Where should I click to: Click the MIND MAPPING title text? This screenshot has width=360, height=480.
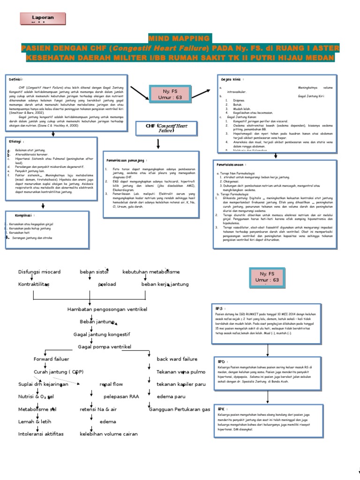(180, 38)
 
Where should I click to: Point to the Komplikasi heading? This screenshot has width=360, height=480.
(23, 215)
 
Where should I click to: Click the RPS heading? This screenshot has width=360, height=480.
(219, 308)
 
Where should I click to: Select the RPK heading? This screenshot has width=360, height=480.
(220, 408)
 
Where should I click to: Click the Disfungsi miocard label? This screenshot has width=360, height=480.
(39, 272)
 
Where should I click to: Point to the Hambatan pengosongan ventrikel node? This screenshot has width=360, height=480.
(107, 310)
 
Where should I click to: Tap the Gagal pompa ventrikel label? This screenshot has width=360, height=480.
(105, 346)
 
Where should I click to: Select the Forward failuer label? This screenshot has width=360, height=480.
(51, 359)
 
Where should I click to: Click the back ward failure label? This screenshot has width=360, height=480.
(177, 359)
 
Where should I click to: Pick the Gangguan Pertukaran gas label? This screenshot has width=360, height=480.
(180, 409)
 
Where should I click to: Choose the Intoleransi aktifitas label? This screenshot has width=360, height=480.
(41, 434)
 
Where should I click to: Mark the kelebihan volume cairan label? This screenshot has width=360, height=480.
(109, 434)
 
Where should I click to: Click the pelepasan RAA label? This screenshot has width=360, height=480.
(121, 397)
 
